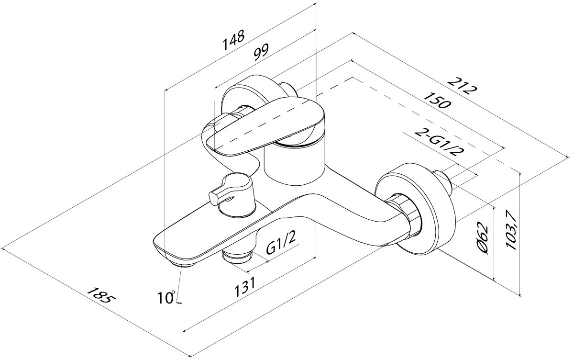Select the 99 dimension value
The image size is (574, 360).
261,51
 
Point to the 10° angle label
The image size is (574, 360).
166,298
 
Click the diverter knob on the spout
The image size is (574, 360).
229,189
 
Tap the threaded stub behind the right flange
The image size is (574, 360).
442,182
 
